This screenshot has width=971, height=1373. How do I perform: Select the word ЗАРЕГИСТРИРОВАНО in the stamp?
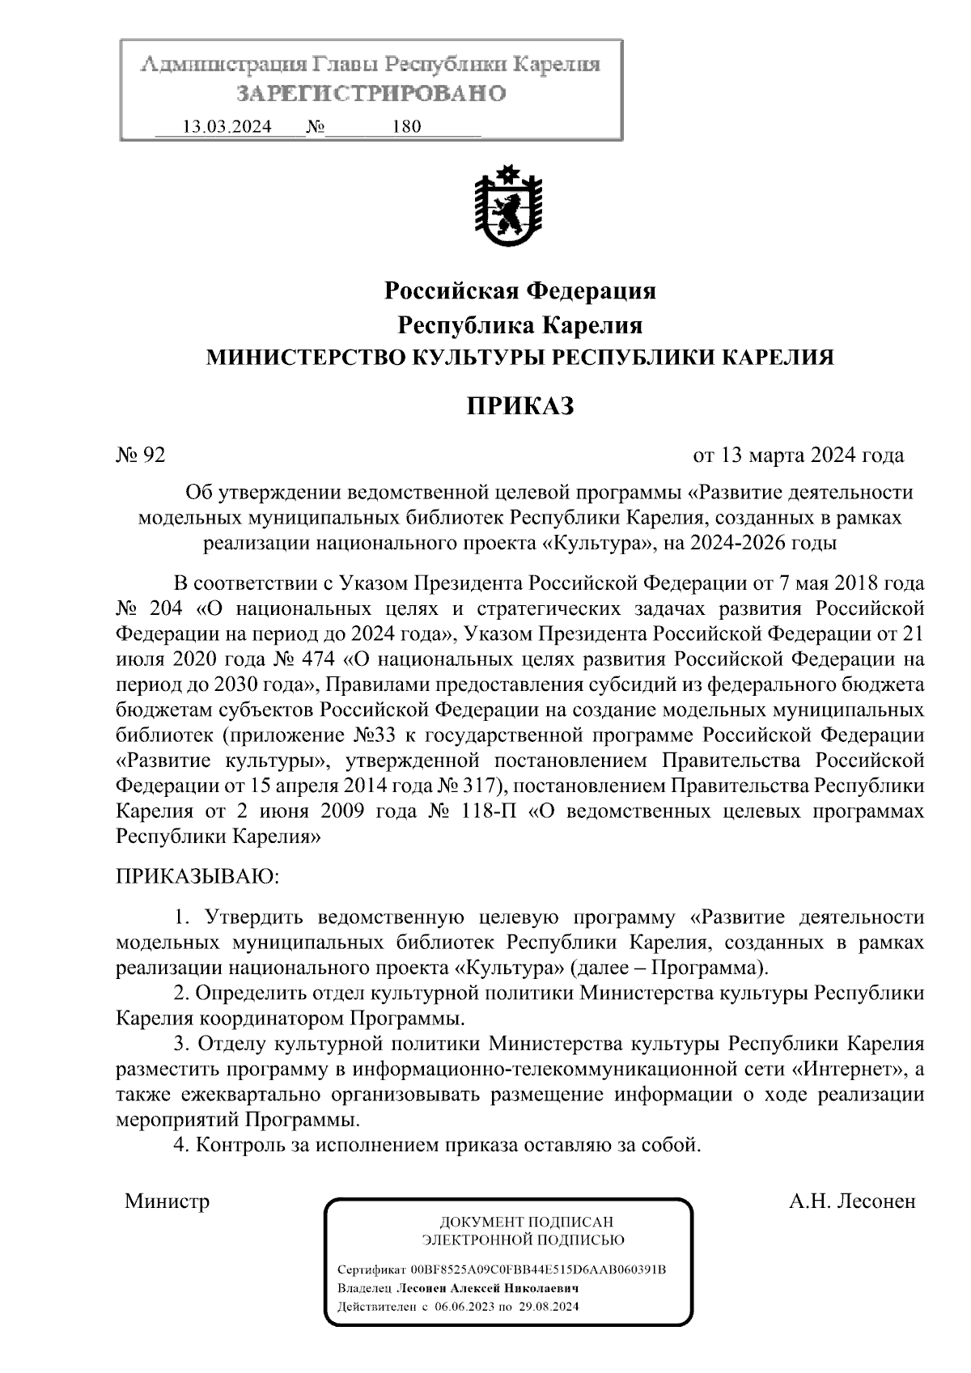371,94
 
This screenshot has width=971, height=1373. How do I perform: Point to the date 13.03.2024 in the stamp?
227,127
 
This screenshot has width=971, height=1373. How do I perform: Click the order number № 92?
141,456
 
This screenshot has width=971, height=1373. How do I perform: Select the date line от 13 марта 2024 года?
799,456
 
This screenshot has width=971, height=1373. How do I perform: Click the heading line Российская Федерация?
519,290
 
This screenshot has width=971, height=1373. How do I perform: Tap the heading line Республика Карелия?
519,325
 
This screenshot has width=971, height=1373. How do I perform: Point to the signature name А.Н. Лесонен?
852,1201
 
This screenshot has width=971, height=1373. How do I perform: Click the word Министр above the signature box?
167,1201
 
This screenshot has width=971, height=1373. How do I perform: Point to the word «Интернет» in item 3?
849,1069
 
